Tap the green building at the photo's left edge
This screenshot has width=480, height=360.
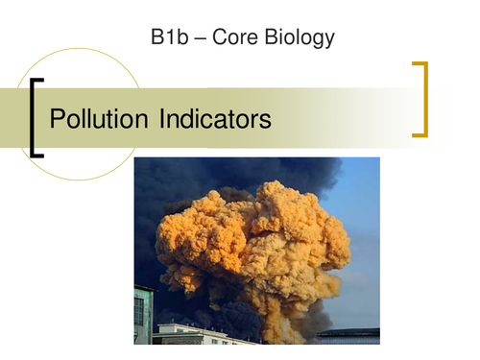coord(143,312)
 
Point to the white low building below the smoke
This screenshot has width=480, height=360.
coord(192,334)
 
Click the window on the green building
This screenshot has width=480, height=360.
coord(139,310)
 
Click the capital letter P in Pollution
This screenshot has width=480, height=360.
coord(57,120)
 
